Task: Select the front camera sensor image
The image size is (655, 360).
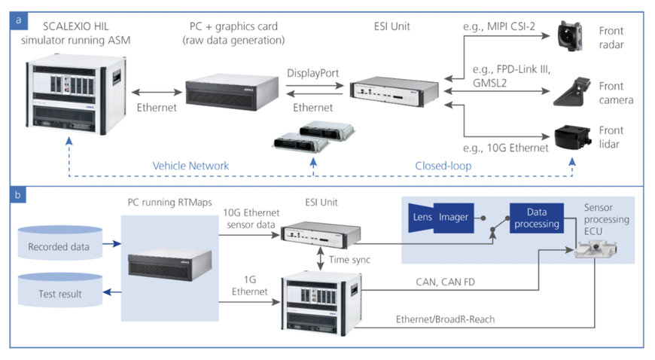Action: (571, 94)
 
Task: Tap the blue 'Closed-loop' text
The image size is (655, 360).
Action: (441, 165)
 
